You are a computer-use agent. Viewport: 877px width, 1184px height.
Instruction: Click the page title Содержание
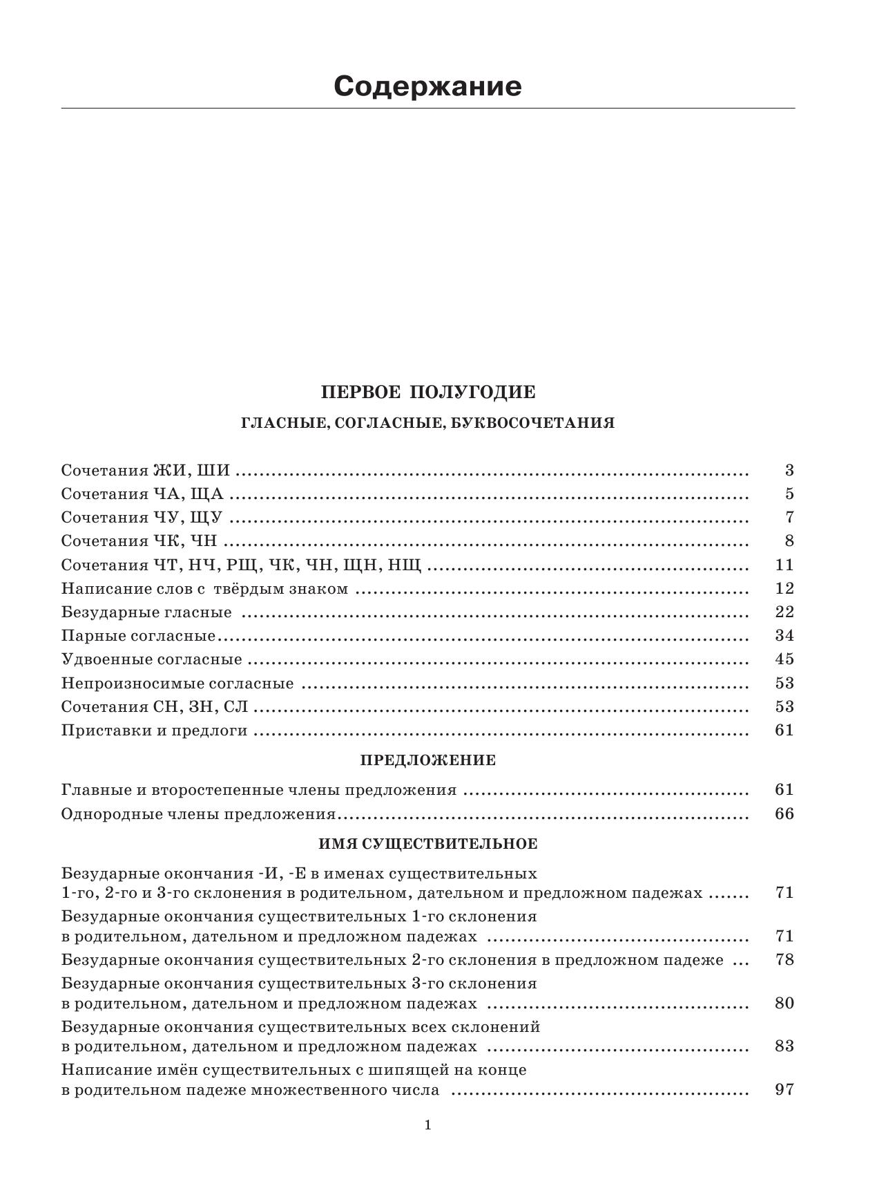point(427,87)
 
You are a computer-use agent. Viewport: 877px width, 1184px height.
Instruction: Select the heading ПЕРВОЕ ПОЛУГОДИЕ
point(428,393)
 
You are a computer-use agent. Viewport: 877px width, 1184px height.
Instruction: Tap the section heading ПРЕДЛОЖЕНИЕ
point(428,760)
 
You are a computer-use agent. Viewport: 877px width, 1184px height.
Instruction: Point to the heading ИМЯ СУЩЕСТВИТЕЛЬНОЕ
point(428,844)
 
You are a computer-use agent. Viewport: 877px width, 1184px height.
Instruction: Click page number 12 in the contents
point(784,588)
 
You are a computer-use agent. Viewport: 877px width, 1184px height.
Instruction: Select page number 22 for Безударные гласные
point(784,612)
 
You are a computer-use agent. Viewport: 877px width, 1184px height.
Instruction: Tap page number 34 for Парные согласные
point(784,635)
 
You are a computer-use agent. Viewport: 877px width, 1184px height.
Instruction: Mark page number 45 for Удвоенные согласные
point(784,659)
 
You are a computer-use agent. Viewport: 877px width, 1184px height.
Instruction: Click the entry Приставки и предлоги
point(154,730)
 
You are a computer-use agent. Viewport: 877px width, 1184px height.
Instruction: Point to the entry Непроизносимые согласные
point(177,684)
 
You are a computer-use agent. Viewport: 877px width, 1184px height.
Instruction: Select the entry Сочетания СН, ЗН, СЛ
point(155,706)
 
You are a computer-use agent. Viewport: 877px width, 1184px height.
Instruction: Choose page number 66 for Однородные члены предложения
point(784,814)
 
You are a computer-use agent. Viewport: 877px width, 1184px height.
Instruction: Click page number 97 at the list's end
point(784,1090)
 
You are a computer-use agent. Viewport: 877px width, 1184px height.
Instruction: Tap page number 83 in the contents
point(784,1046)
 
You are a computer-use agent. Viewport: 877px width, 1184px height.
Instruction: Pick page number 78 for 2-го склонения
point(784,960)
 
